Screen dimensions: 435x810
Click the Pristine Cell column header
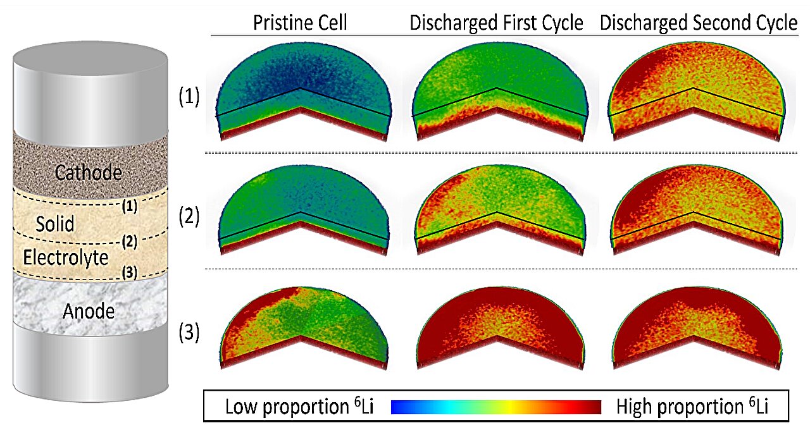[299, 23]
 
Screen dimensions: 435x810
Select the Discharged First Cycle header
[496, 23]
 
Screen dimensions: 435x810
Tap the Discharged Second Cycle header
[698, 23]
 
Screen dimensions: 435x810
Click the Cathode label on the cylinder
[88, 173]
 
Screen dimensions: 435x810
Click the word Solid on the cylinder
[55, 223]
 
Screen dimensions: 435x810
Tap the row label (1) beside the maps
[188, 99]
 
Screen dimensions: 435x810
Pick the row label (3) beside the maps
[188, 332]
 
